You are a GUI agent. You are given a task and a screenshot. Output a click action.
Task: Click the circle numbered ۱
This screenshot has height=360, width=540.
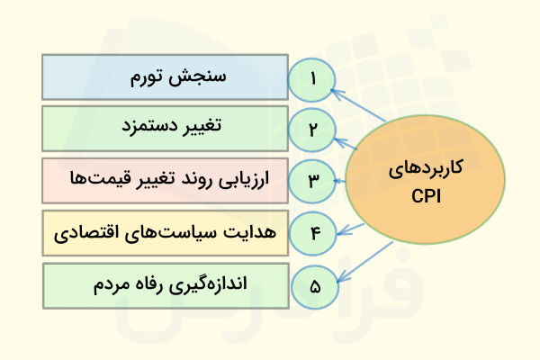[313, 77]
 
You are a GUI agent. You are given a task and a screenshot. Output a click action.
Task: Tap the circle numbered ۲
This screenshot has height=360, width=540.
[313, 130]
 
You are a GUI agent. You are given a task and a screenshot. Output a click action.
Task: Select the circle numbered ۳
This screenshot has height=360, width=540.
[313, 182]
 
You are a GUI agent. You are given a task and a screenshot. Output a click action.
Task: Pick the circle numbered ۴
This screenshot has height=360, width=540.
[314, 234]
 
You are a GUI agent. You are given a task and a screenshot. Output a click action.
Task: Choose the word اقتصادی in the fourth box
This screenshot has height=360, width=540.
[90, 233]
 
